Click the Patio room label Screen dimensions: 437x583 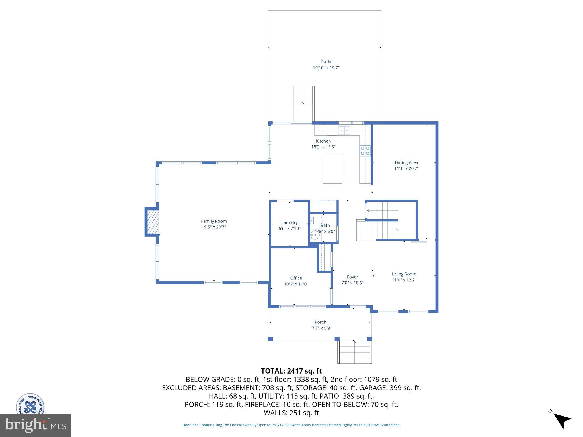[326, 62]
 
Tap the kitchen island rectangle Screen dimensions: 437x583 [332, 169]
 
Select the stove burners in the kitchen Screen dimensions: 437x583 [365, 151]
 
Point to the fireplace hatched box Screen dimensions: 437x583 [153, 222]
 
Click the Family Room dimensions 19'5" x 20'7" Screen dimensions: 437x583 [214, 227]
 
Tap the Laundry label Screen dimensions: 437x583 [290, 222]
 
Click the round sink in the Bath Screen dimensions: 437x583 [315, 235]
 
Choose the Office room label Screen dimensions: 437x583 [296, 278]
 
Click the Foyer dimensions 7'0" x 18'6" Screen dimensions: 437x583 [352, 283]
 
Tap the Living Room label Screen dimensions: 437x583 [404, 274]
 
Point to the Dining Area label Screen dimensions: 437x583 [406, 162]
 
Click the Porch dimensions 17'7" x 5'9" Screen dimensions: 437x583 [320, 328]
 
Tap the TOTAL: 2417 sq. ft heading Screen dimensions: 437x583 [291, 371]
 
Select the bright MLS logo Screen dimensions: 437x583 [36, 425]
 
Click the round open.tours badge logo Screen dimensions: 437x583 [30, 404]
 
